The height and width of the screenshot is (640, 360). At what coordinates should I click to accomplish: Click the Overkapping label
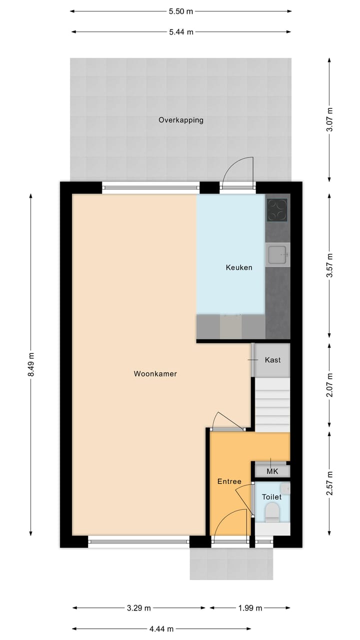(180, 120)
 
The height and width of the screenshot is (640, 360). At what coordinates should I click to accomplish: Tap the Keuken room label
(238, 267)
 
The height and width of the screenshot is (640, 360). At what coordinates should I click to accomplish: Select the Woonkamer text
(155, 373)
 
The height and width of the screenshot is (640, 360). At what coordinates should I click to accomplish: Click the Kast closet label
(272, 360)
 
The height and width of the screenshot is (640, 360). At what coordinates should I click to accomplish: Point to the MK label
(271, 471)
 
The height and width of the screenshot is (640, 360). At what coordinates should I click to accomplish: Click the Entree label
(229, 481)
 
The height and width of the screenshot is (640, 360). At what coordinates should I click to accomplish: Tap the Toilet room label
(271, 497)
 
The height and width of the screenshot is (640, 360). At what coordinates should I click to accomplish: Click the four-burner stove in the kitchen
(276, 210)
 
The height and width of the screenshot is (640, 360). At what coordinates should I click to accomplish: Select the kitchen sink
(276, 254)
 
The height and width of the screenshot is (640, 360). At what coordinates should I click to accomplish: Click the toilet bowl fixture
(272, 511)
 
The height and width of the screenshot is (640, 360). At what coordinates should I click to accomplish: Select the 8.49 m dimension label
(31, 364)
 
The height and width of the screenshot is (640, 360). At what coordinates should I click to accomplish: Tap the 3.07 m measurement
(329, 120)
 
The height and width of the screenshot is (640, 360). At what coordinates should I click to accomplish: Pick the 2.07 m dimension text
(329, 385)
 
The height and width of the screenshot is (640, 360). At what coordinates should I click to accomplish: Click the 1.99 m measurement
(250, 608)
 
